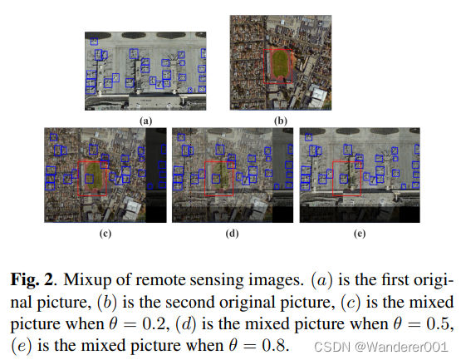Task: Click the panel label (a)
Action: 146,121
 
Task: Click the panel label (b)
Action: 281,121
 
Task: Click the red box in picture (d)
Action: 219,177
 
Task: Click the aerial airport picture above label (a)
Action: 146,72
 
